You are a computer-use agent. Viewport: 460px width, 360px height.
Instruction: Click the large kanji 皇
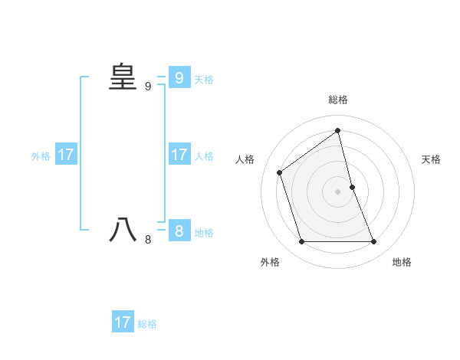(x=122, y=77)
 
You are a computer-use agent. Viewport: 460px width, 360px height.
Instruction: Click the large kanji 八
(x=122, y=230)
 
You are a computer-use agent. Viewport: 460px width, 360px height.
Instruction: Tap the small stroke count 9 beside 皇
(x=148, y=87)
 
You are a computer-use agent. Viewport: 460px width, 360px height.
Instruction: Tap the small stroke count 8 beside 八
(x=148, y=240)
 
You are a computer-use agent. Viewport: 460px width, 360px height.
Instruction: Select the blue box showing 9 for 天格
(x=179, y=78)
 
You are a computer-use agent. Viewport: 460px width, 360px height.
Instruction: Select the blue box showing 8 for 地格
(x=179, y=231)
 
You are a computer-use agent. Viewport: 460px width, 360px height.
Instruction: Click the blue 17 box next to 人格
(x=179, y=155)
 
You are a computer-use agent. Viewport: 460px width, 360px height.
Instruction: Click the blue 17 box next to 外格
(x=66, y=155)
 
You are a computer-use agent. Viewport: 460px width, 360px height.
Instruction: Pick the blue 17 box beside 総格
(x=123, y=322)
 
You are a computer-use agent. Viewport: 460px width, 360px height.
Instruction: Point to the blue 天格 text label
(x=204, y=79)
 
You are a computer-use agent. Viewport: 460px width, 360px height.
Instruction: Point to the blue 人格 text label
(x=204, y=156)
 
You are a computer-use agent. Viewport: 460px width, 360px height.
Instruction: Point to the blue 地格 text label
(x=204, y=232)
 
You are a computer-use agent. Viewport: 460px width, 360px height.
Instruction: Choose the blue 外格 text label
(x=41, y=156)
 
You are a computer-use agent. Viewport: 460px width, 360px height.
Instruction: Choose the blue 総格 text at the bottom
(x=147, y=323)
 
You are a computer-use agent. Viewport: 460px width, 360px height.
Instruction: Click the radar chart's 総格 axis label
(x=337, y=100)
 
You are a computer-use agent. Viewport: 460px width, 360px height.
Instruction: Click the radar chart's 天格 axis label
(x=431, y=159)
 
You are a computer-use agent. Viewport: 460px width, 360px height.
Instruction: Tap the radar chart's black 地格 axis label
(x=402, y=262)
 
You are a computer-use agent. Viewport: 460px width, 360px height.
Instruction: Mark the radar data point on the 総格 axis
(x=337, y=130)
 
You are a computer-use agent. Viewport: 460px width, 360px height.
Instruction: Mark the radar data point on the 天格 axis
(x=352, y=187)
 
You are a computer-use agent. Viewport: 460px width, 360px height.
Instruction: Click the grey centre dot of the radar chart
(x=337, y=191)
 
